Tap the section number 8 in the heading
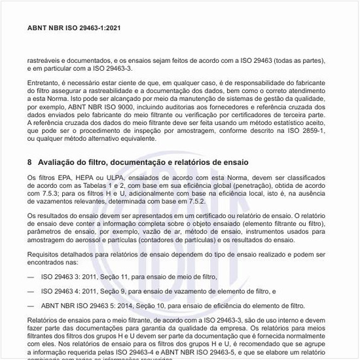pos(30,162)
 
